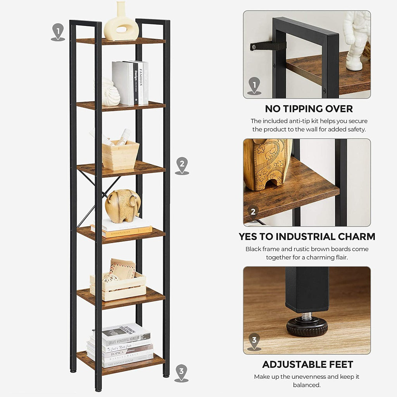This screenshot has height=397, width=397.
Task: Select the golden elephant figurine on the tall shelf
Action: pos(122,205)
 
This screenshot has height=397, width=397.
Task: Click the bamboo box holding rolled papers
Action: pos(120,154)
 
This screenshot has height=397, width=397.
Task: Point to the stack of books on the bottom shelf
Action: pos(120,345)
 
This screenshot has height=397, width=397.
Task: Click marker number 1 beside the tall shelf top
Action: pos(58,31)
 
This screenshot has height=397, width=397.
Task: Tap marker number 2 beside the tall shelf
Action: pos(182,165)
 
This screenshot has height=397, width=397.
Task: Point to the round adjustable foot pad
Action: pos(307,326)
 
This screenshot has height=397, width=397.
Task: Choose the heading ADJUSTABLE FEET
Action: pos(307,364)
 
